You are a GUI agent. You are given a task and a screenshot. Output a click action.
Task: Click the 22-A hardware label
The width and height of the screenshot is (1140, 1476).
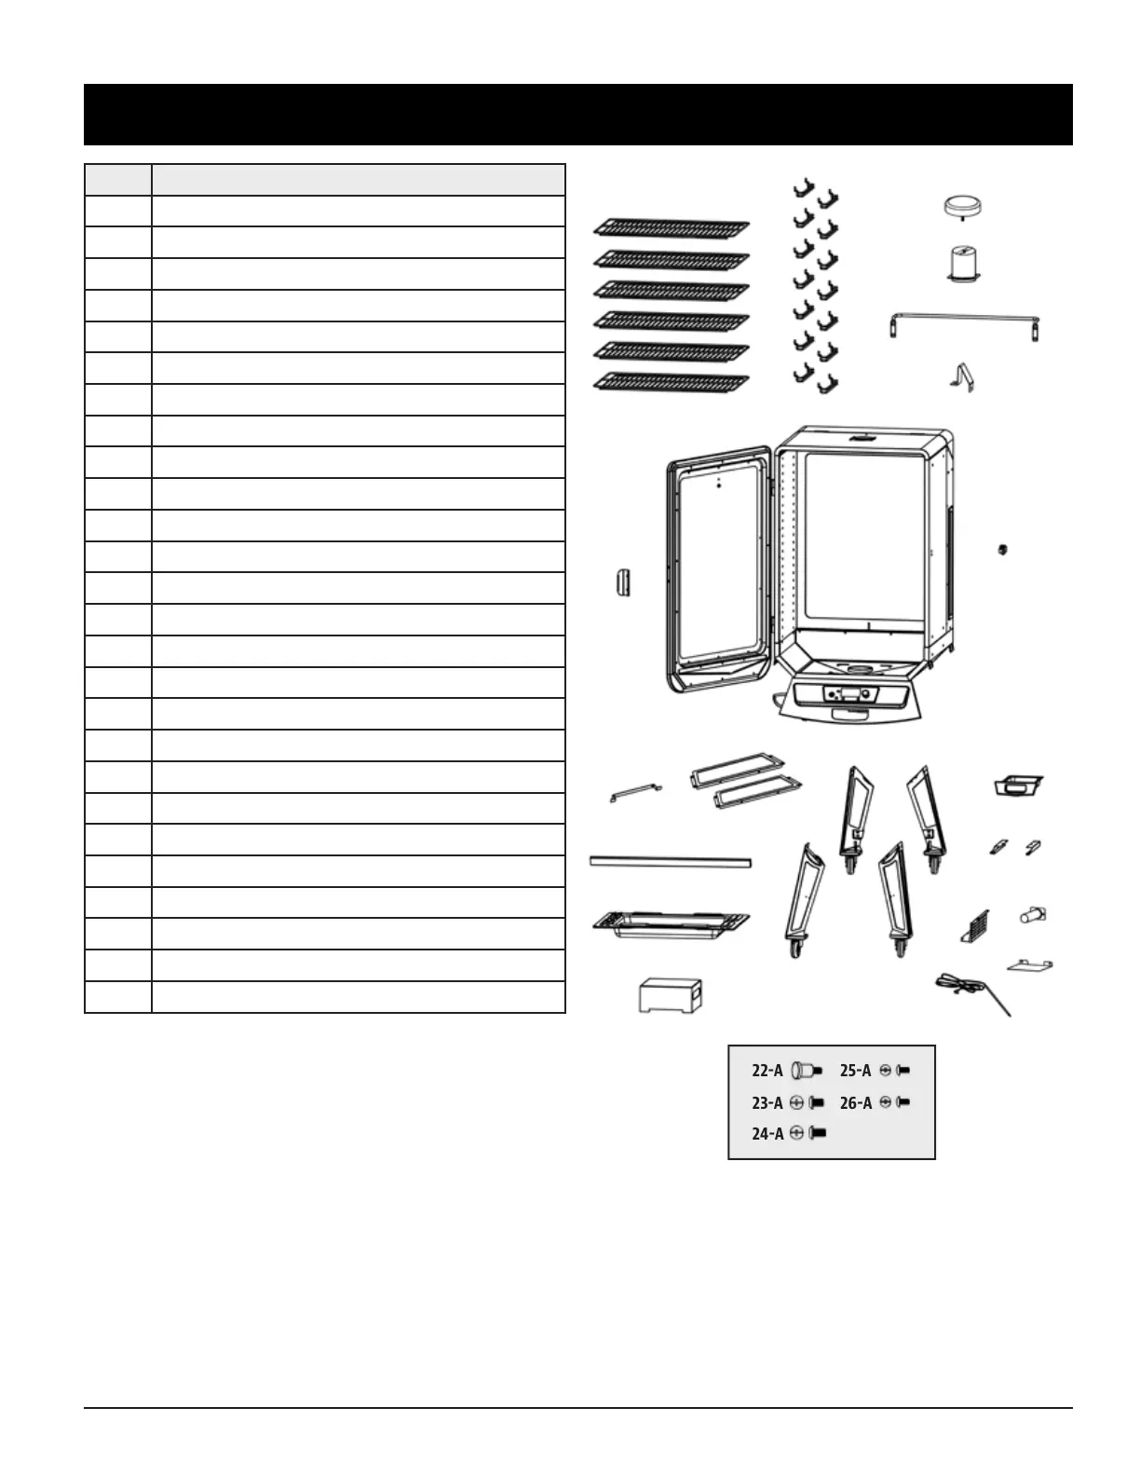coord(767,1071)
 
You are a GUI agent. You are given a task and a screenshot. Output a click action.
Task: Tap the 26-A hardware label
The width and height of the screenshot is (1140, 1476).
coord(856,1102)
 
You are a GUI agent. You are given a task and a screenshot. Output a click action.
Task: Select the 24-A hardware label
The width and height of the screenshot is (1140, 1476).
coord(767,1134)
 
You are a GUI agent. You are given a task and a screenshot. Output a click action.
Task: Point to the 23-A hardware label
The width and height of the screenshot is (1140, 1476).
coord(767,1102)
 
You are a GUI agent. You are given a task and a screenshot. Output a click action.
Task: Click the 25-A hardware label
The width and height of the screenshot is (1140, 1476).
coord(856,1071)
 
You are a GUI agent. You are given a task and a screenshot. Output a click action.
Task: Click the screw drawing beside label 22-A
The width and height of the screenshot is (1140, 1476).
coord(806,1071)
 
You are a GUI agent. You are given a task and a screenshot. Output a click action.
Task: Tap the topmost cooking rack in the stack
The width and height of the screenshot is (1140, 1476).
coord(672,227)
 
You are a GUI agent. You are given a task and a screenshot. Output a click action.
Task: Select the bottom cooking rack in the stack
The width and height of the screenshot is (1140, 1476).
coord(672,381)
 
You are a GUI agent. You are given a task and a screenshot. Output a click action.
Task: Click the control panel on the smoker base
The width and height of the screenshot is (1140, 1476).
coord(850,696)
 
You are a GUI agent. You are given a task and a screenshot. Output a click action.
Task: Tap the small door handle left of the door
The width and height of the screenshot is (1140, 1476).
coord(622,582)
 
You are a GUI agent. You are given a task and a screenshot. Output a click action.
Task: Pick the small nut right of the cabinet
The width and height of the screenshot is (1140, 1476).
coord(1002,548)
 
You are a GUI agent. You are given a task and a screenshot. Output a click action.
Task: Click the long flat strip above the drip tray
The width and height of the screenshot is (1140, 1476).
coord(671,862)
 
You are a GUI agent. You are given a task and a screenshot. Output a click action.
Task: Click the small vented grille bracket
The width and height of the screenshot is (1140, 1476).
coord(975,927)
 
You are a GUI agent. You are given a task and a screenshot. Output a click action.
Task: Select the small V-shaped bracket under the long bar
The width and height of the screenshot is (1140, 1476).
coord(961,376)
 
